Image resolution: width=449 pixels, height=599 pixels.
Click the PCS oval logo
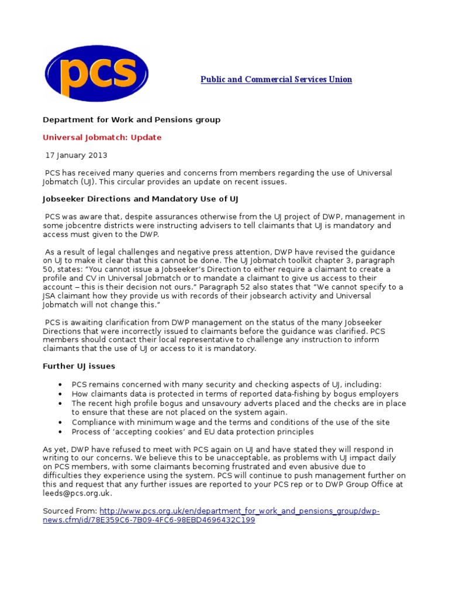(x=96, y=74)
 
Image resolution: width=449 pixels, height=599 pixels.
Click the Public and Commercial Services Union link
(x=276, y=80)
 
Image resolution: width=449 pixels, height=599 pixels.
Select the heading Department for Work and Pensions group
(x=132, y=120)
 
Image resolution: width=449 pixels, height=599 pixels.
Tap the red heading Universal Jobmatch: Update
(x=102, y=137)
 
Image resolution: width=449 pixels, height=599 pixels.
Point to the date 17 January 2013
(x=77, y=156)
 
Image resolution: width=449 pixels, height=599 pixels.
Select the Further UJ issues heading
(x=79, y=366)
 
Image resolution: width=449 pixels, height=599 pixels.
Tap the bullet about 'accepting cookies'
(x=192, y=432)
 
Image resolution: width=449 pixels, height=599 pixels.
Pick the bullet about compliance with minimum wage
(x=230, y=422)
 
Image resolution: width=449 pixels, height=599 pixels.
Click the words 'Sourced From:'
(x=70, y=511)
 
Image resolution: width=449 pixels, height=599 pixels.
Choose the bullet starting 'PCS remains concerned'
(x=226, y=385)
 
